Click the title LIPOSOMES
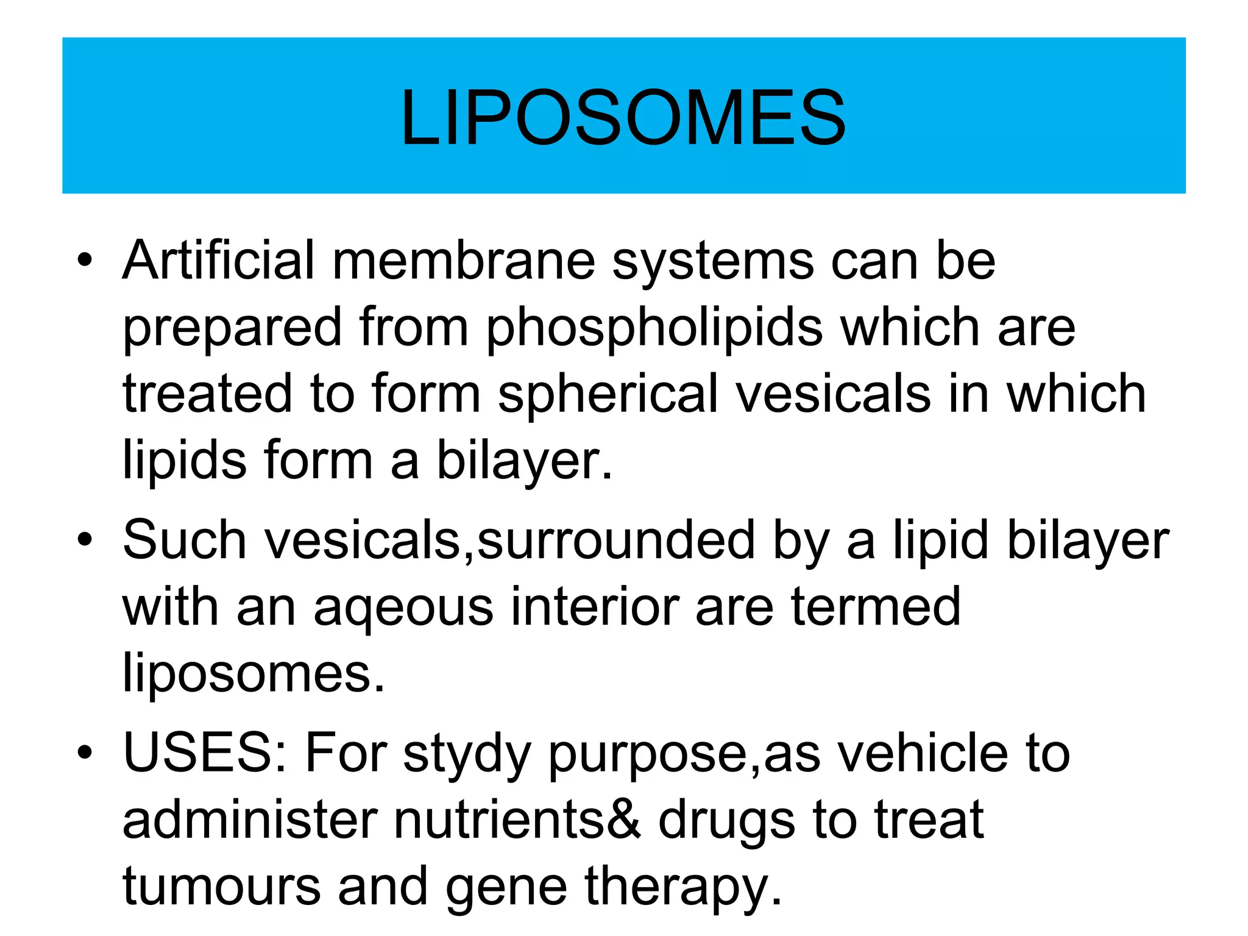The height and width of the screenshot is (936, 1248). click(x=623, y=118)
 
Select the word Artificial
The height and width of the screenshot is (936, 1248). click(x=219, y=261)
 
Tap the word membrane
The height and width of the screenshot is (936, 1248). click(x=463, y=261)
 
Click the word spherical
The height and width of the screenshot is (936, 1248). click(x=609, y=395)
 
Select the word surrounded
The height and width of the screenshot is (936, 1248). click(x=616, y=540)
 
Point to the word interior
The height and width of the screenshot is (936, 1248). click(x=594, y=606)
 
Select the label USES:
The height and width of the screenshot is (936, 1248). click(x=205, y=753)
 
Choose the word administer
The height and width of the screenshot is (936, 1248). click(x=250, y=820)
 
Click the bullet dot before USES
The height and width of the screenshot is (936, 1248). click(x=85, y=753)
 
